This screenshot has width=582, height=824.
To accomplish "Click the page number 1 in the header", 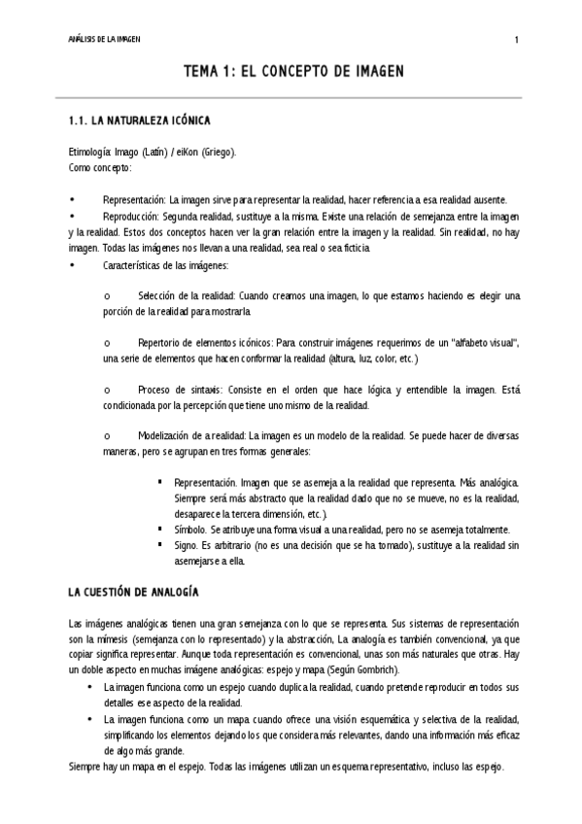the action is point(516,39).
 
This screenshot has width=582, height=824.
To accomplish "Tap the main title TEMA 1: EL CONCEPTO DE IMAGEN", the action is point(292,73).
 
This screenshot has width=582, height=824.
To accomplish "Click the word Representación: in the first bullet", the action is point(134,198).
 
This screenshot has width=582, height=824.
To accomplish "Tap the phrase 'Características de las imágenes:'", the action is point(165,265).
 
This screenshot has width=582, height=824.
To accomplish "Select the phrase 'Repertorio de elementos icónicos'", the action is point(205,343).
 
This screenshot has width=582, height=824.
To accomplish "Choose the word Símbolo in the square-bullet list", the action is point(189,530).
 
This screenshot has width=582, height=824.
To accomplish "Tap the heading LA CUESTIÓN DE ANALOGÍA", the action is point(134,591).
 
